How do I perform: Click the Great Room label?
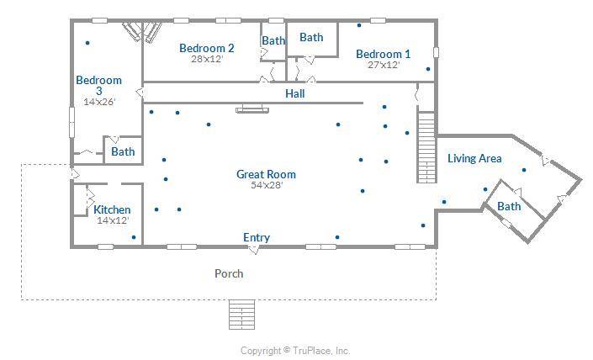pos(266,174)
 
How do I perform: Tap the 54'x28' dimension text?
pos(267,185)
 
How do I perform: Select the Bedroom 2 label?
pos(206,48)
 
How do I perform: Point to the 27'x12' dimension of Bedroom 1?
pos(384,65)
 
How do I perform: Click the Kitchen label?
pos(112,209)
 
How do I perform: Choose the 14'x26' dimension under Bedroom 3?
pos(99,101)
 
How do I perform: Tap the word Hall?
pos(295,93)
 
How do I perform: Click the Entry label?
pos(257,237)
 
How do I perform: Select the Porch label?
pos(229,273)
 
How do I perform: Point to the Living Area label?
pos(474,158)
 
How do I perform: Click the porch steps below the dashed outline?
pos(242,315)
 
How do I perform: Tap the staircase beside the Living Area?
pos(426,147)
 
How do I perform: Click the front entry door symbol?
pos(254,249)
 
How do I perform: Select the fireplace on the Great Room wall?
pos(252,110)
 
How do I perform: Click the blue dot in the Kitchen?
pos(134,237)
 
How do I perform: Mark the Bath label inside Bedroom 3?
pos(123,151)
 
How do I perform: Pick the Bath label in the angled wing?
pos(509,206)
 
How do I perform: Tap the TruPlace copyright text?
pos(295,351)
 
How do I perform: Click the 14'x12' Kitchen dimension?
pos(113,220)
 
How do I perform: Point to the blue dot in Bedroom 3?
pos(87,43)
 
